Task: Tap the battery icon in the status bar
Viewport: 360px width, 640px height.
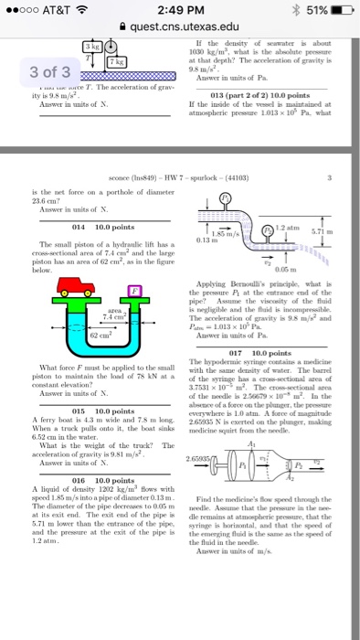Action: click(336, 10)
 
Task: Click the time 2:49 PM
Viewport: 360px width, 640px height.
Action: click(182, 10)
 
